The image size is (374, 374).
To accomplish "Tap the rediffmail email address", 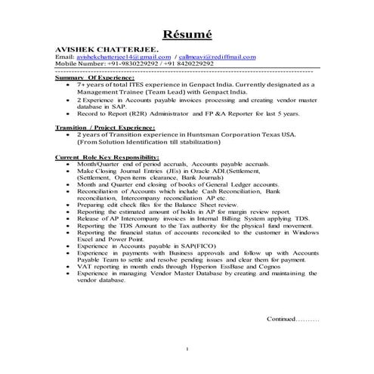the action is [x=219, y=57].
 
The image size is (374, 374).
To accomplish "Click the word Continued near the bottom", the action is [x=283, y=319].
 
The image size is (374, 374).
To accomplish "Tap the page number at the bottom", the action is [x=187, y=348].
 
